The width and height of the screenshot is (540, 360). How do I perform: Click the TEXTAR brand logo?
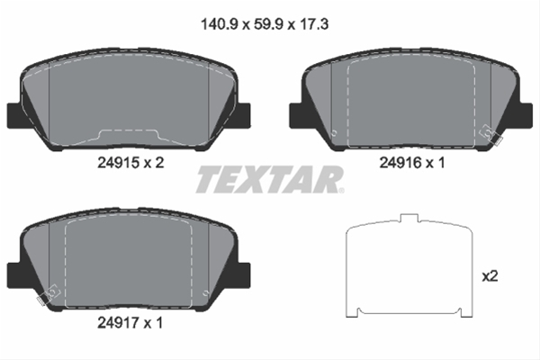pos(269,179)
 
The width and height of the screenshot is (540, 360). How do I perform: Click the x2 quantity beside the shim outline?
pos(490,276)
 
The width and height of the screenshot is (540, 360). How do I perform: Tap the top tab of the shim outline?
pos(409,219)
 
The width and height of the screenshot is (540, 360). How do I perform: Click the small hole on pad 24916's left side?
pos(334,134)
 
